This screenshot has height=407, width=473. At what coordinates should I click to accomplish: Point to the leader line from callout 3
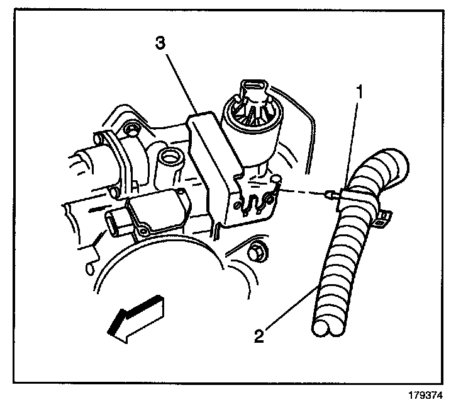pos(182,83)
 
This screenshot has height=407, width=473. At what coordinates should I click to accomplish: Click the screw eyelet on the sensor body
pos(144,231)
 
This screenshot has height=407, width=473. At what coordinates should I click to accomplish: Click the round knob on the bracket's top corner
pos(276,182)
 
